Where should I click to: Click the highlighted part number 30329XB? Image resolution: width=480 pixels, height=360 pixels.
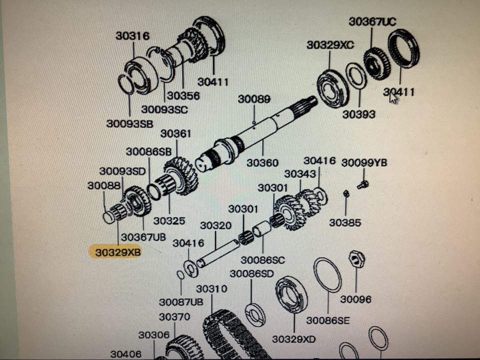(x=118, y=252)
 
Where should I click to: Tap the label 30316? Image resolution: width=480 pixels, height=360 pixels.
(x=132, y=36)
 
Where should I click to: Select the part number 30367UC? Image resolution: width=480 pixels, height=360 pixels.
(x=372, y=21)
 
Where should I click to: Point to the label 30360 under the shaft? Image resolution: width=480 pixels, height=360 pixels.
(x=262, y=162)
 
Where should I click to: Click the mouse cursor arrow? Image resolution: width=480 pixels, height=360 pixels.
(x=393, y=97)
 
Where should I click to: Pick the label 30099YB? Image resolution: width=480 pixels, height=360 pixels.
(x=364, y=162)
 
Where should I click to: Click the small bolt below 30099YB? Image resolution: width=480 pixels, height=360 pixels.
(x=363, y=185)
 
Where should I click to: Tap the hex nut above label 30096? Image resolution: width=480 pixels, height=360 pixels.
(x=356, y=259)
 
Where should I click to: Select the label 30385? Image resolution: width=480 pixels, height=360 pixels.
(x=345, y=222)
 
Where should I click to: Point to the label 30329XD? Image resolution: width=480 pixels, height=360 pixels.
(x=294, y=339)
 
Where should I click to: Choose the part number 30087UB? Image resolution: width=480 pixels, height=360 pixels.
(x=181, y=302)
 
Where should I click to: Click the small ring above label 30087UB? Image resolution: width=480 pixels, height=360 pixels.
(x=180, y=274)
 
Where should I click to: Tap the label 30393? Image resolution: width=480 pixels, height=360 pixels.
(x=358, y=114)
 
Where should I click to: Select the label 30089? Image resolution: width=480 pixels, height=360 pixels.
(x=254, y=99)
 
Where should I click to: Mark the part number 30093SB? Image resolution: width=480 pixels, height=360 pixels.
(x=130, y=123)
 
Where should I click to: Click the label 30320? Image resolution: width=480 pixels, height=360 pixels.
(x=215, y=225)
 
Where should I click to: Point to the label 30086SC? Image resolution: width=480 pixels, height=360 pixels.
(x=262, y=260)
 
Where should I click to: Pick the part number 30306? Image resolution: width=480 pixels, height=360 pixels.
(x=153, y=335)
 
